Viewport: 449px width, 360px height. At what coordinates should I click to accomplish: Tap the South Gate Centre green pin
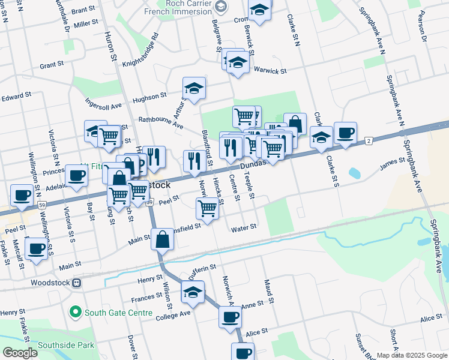coord(75,312)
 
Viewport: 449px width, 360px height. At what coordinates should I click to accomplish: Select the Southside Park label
coord(65,345)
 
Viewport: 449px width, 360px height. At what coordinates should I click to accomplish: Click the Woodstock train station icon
coord(77,283)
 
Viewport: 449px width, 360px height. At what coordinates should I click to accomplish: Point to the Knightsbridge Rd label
coord(140,53)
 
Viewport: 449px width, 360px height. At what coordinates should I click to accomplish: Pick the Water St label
coord(244,227)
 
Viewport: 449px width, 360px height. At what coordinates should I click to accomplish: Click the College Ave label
coord(175,313)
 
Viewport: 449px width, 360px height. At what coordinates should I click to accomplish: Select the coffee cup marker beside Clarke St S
coord(345,133)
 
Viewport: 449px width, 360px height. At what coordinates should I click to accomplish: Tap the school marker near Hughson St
coord(194,88)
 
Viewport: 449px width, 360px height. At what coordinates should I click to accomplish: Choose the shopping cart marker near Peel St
coord(207,209)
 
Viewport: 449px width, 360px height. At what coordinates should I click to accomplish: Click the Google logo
coord(20,353)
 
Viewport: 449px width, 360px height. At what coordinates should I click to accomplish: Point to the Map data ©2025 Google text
coord(411,355)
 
